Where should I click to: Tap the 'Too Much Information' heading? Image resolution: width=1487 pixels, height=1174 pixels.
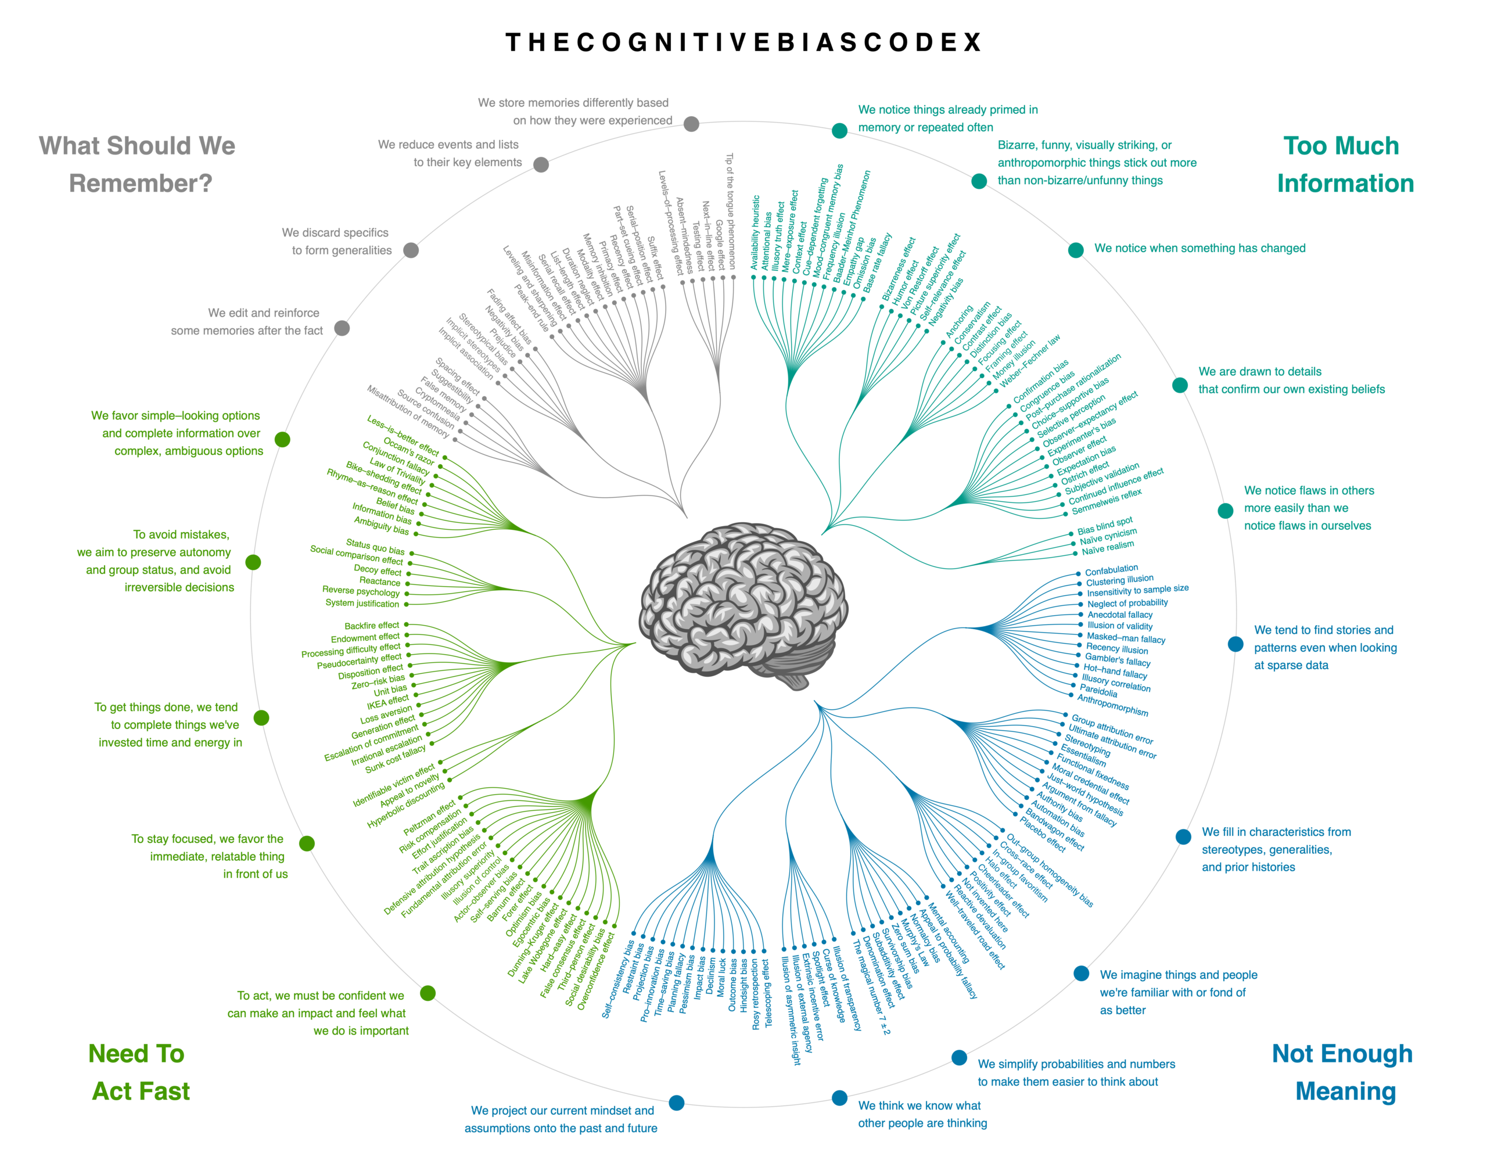[x=1343, y=164]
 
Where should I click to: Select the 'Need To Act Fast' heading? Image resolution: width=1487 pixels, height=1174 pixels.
[x=138, y=1072]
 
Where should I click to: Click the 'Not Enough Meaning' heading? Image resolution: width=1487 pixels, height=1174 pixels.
[x=1343, y=1072]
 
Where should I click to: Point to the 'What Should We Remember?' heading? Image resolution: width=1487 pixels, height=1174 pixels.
[x=138, y=164]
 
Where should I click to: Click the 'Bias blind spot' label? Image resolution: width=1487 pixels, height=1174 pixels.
[x=1104, y=526]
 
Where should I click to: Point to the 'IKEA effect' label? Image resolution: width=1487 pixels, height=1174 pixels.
[x=387, y=702]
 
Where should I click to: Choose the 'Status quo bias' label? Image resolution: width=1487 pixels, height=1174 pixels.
[x=375, y=547]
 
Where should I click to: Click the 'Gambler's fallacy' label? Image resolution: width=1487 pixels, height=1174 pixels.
[x=1118, y=660]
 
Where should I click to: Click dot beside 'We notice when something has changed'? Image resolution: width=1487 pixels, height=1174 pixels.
[x=1075, y=250]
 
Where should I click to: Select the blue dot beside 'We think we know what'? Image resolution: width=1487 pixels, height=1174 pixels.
[x=839, y=1098]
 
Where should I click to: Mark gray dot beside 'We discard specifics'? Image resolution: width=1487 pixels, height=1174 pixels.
[x=411, y=250]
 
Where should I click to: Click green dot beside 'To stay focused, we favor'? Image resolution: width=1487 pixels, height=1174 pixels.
[x=307, y=843]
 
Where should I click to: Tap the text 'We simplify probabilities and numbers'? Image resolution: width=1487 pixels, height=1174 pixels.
[x=1076, y=1064]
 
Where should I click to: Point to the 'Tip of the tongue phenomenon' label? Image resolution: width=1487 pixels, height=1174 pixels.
[x=731, y=210]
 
